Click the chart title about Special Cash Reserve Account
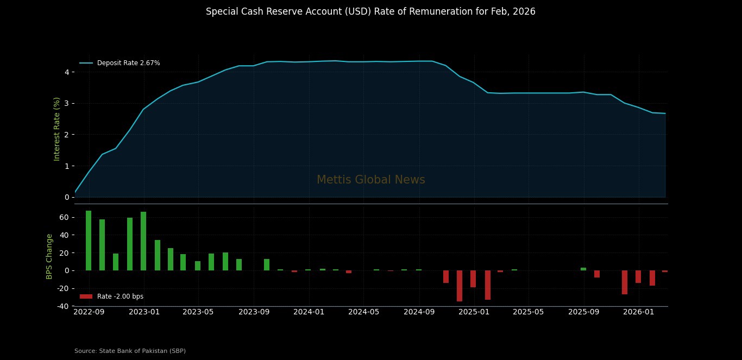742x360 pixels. pyautogui.click(x=370, y=12)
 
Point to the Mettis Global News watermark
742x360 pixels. pyautogui.click(x=370, y=180)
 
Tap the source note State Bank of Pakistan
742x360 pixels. pyautogui.click(x=130, y=351)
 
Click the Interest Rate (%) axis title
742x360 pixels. pyautogui.click(x=57, y=129)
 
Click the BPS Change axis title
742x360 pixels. pyautogui.click(x=49, y=256)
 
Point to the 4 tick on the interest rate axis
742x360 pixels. pyautogui.click(x=67, y=72)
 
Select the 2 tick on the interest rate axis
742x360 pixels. pyautogui.click(x=67, y=135)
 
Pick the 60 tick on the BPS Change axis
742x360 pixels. pyautogui.click(x=64, y=217)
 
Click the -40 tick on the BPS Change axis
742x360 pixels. pyautogui.click(x=62, y=306)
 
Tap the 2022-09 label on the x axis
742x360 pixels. pyautogui.click(x=89, y=312)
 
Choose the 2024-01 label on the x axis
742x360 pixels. pyautogui.click(x=309, y=312)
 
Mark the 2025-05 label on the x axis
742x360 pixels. pyautogui.click(x=529, y=312)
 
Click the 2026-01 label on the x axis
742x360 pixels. pyautogui.click(x=639, y=312)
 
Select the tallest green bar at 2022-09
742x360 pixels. pyautogui.click(x=89, y=241)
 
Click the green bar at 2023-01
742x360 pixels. pyautogui.click(x=143, y=241)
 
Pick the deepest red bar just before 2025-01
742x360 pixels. pyautogui.click(x=460, y=286)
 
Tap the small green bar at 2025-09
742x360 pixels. pyautogui.click(x=583, y=269)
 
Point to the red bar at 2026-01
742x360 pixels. pyautogui.click(x=638, y=276)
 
